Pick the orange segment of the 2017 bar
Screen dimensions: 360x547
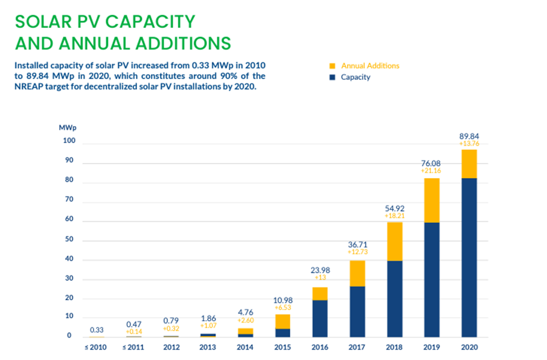(357, 274)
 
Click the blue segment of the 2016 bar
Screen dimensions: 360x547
(320, 318)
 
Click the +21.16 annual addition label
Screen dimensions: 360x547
(431, 172)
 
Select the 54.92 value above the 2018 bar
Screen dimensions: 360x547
(394, 207)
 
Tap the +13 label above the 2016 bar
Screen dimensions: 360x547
(320, 277)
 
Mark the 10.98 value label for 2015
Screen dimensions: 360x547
(283, 300)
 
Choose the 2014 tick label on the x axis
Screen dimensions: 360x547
(246, 348)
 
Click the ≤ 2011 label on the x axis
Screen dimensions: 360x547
(135, 348)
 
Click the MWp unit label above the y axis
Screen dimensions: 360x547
(68, 128)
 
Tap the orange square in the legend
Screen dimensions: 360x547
(331, 66)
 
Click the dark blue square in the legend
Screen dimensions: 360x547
(331, 77)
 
